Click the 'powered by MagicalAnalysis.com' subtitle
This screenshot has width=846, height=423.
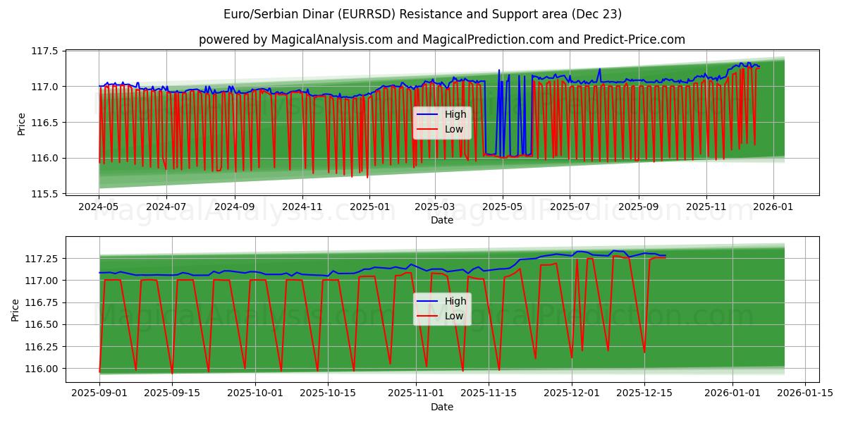tap(442, 39)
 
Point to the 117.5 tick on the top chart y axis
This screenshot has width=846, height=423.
tap(44, 51)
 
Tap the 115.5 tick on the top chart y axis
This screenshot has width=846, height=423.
tap(44, 193)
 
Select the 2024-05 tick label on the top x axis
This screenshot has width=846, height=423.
tap(99, 207)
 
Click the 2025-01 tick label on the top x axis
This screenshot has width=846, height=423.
tap(369, 207)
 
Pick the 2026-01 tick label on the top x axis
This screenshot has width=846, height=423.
tap(773, 207)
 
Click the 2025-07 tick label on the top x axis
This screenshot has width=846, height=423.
tap(569, 207)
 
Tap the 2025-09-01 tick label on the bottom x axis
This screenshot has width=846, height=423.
tap(99, 393)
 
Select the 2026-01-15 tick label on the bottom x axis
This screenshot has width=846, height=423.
tap(804, 393)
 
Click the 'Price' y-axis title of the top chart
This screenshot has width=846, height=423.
tap(22, 123)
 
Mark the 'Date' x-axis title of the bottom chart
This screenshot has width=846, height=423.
tap(442, 407)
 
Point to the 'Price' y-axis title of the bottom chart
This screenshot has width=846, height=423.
tap(16, 310)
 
